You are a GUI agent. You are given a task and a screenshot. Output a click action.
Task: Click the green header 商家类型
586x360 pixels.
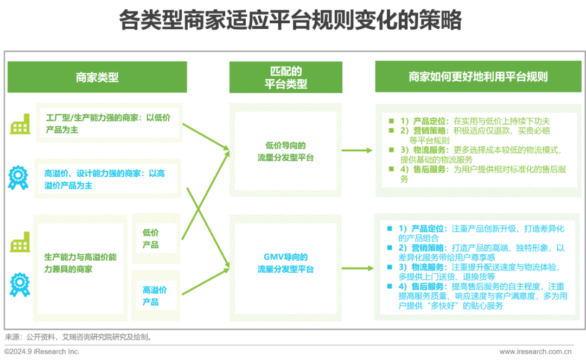(x=97, y=77)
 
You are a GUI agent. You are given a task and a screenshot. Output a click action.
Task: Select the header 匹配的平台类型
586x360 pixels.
(x=285, y=78)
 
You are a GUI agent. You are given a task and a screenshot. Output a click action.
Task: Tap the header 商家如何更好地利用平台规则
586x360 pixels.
(x=478, y=76)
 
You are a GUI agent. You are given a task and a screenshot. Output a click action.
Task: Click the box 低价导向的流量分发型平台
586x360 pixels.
(x=285, y=151)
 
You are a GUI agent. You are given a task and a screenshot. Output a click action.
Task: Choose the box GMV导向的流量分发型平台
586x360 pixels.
(x=285, y=263)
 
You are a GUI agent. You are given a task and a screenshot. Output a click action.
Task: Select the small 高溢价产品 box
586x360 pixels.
(x=155, y=295)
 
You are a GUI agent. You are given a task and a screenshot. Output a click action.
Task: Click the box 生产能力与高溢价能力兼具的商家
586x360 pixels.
(x=80, y=263)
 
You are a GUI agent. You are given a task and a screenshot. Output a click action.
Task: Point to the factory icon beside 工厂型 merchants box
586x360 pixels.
(x=20, y=125)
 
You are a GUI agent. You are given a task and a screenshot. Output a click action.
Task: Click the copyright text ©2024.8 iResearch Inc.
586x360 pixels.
(x=42, y=352)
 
